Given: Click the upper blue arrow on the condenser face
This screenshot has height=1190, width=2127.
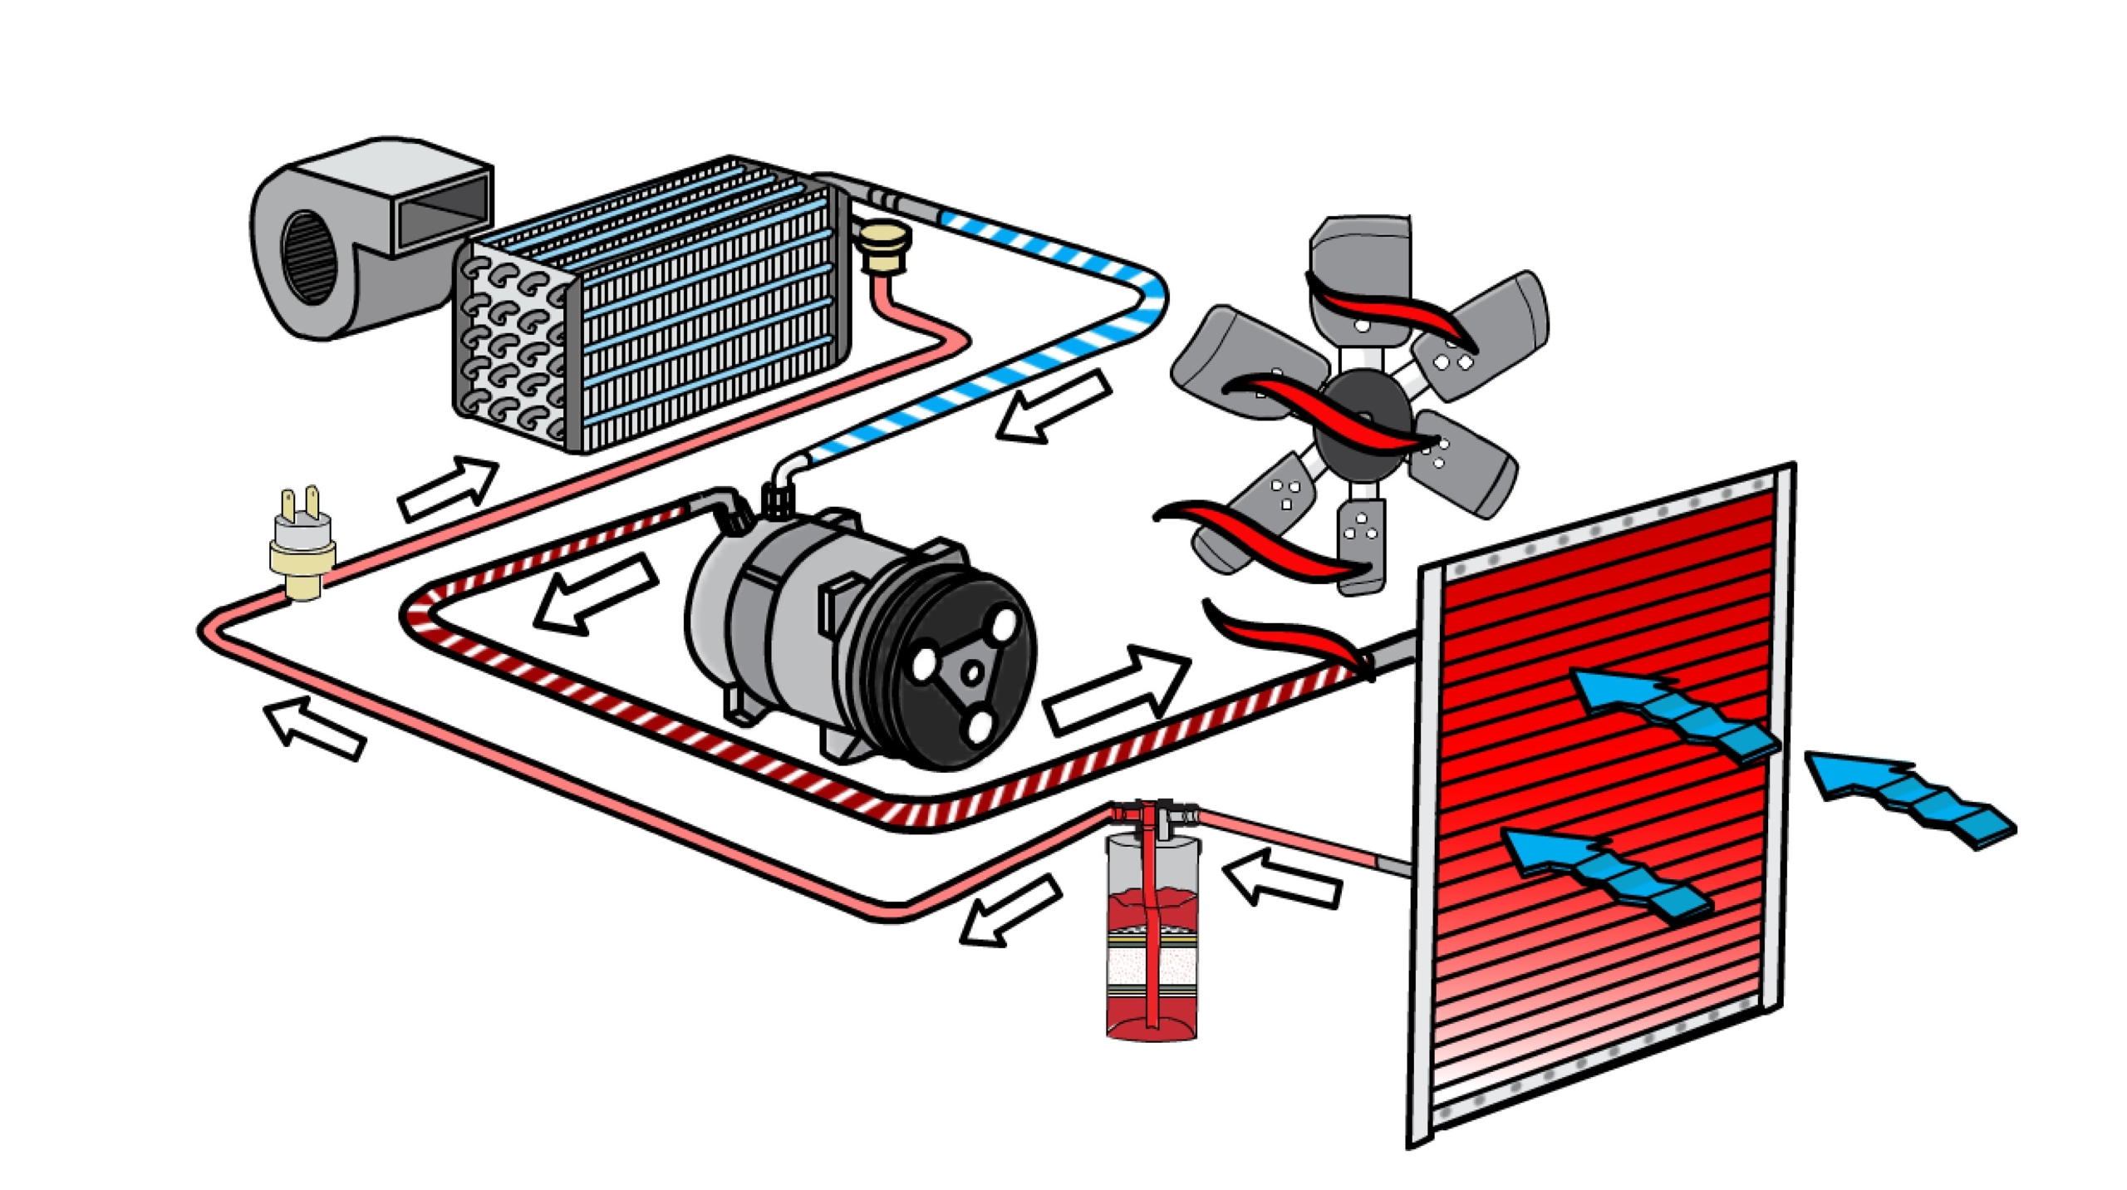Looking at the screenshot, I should (x=1670, y=715).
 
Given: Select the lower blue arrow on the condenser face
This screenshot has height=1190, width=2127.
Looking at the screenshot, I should (x=1604, y=873).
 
